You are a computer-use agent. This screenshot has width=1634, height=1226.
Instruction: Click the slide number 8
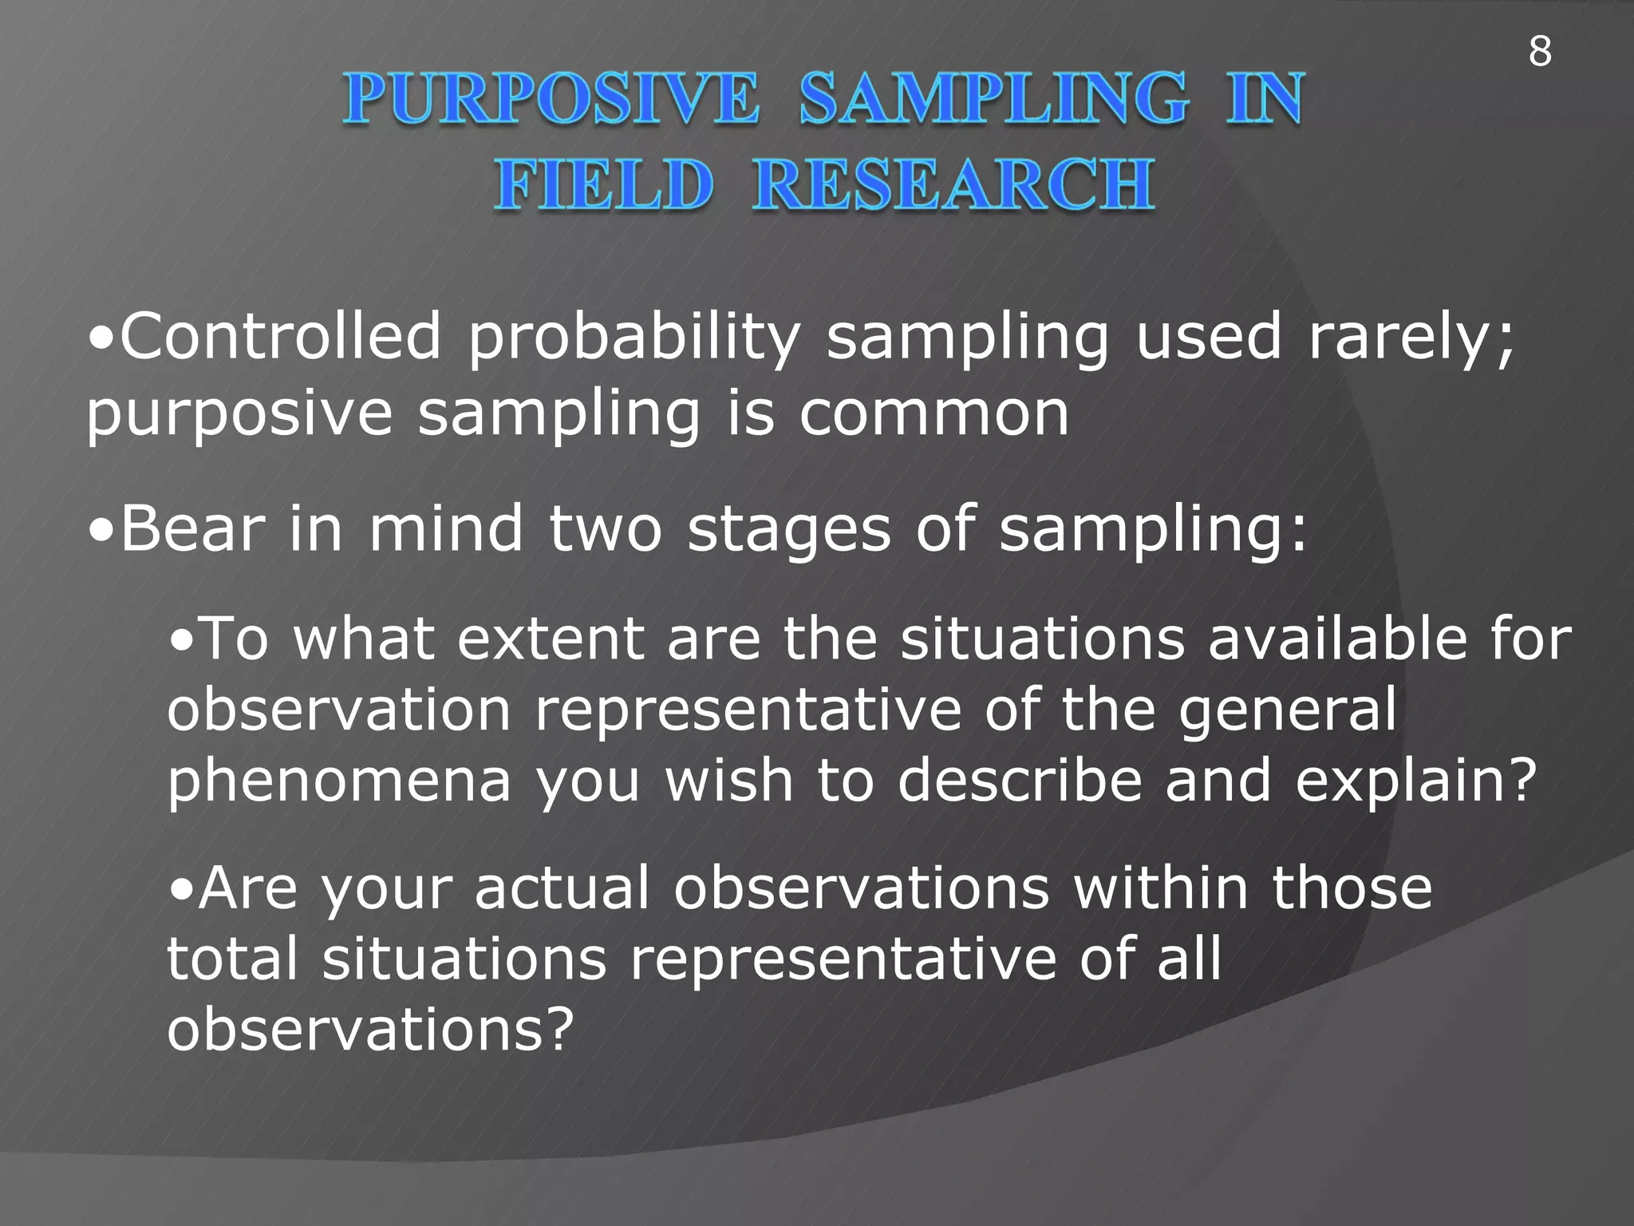click(1540, 52)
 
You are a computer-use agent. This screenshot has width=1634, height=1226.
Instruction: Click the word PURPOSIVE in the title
click(551, 99)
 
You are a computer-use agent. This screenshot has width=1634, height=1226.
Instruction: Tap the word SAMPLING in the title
click(993, 99)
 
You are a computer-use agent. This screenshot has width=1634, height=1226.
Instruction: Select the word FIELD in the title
click(602, 185)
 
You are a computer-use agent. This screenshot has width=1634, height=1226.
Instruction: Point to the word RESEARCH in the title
click(953, 185)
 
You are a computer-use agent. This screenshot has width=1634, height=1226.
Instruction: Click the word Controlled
click(279, 337)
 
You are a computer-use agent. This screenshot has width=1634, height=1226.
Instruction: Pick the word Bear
click(191, 528)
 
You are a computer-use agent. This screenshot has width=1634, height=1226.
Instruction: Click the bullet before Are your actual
click(183, 888)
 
